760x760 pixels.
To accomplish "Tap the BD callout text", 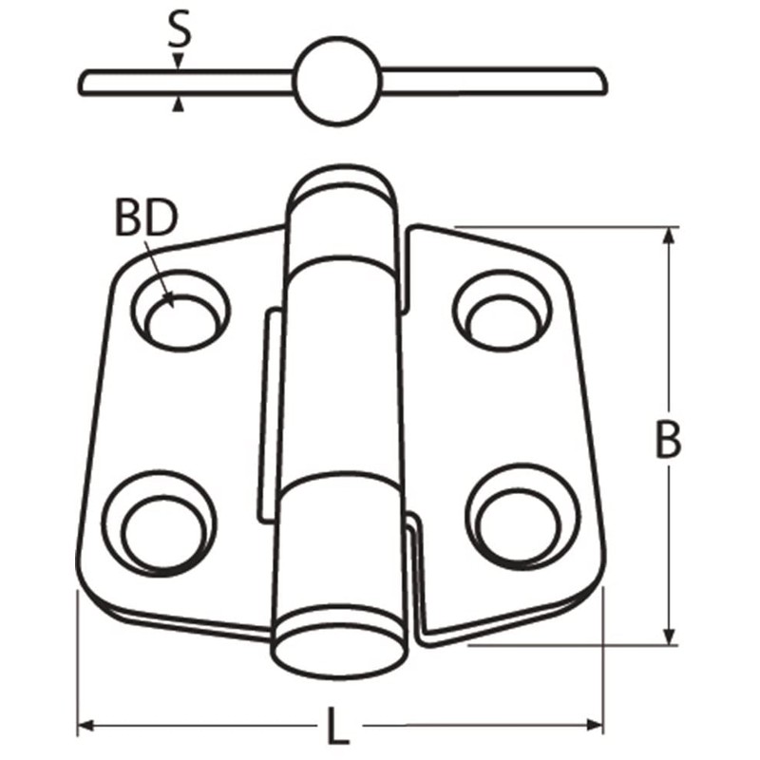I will (145, 218).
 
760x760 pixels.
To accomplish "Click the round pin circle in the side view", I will (337, 82).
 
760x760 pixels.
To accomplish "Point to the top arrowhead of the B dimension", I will (670, 236).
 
